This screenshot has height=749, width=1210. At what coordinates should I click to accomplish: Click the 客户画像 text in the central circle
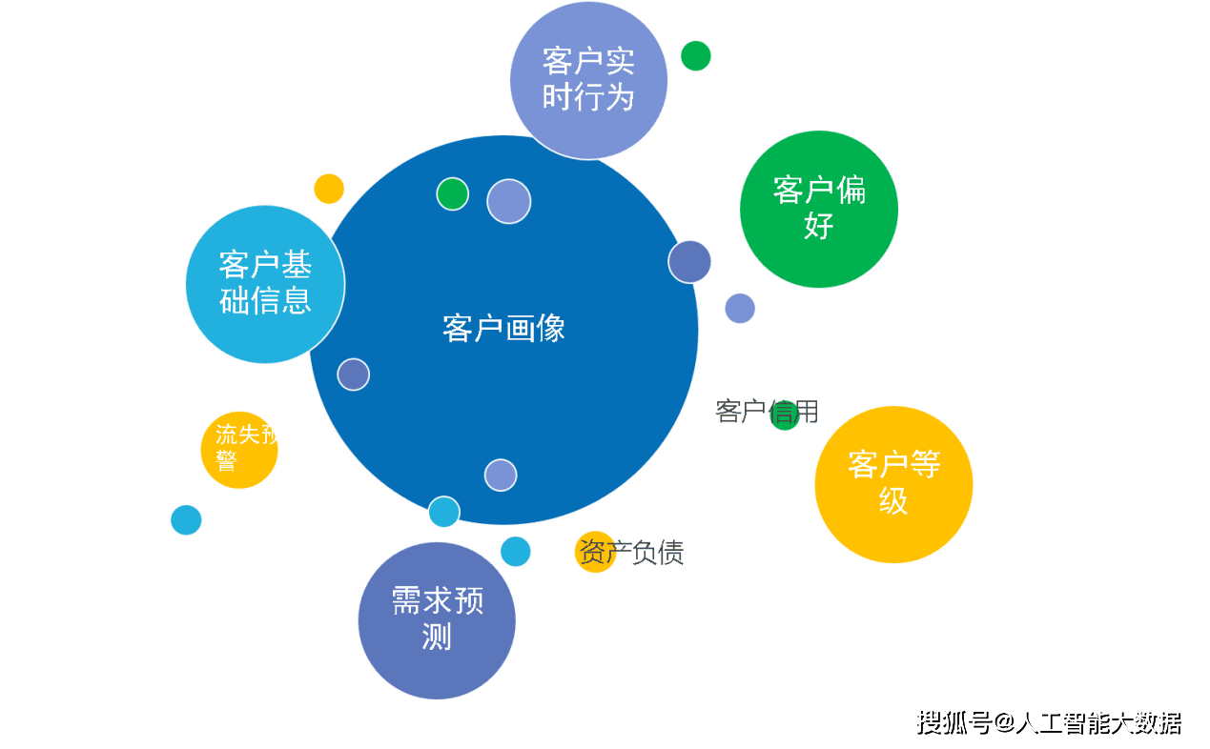(503, 329)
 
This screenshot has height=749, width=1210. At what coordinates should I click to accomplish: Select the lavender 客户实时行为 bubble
(588, 80)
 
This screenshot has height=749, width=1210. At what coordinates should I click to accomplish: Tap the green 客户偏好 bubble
(819, 209)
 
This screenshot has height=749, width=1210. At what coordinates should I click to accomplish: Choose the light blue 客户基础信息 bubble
(265, 284)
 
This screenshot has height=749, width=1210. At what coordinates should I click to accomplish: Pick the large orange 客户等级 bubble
(893, 484)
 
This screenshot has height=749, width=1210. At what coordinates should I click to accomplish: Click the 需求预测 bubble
(437, 620)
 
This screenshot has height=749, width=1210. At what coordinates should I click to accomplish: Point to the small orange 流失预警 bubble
(239, 449)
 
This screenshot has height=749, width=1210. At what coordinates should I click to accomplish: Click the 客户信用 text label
(766, 412)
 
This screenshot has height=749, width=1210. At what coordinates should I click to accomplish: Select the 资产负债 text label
(631, 553)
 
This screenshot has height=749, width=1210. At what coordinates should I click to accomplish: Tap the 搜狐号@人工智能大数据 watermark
(1049, 722)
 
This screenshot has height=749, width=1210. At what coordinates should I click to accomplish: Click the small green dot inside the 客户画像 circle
(452, 193)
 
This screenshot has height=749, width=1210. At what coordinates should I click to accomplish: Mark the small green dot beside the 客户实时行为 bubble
(696, 56)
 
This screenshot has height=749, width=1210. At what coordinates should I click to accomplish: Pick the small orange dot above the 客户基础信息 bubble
(329, 189)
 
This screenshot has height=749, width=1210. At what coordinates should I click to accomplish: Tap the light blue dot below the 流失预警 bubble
(186, 519)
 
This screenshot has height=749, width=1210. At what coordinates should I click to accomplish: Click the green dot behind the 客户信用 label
(785, 416)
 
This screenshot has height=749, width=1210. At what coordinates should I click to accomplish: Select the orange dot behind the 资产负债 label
(594, 552)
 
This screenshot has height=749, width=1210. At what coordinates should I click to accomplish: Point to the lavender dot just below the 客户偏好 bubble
(740, 308)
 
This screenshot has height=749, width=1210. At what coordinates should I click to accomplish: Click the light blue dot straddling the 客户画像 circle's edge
(443, 512)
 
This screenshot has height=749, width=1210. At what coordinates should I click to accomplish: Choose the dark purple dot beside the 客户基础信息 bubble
(353, 374)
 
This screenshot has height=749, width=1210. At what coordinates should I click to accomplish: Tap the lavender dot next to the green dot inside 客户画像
(509, 201)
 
